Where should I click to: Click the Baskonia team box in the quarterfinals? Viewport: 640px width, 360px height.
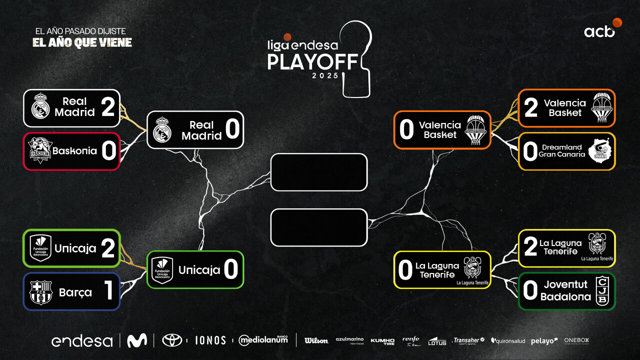pos(71,151)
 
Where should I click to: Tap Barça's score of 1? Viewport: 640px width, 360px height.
pos(108,291)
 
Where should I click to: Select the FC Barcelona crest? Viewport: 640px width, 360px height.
pos(40,292)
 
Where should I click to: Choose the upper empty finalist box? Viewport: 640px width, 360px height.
pos(319,172)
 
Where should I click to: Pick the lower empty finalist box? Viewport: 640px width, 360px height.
pos(319,227)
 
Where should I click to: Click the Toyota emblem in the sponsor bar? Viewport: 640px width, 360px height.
pos(172,340)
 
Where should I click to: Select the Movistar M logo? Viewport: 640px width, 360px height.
pos(136,340)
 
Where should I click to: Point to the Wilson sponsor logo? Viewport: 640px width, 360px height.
pos(316,341)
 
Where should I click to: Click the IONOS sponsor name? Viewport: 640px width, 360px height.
pos(210,340)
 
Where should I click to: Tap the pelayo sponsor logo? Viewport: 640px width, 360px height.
pos(544,341)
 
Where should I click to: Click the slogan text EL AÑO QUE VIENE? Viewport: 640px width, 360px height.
pos(82,42)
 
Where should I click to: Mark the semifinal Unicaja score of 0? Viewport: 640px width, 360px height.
pos(230,270)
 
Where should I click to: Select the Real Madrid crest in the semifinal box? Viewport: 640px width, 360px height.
pos(162,129)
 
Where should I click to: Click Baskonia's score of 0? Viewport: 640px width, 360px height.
pos(108,151)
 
